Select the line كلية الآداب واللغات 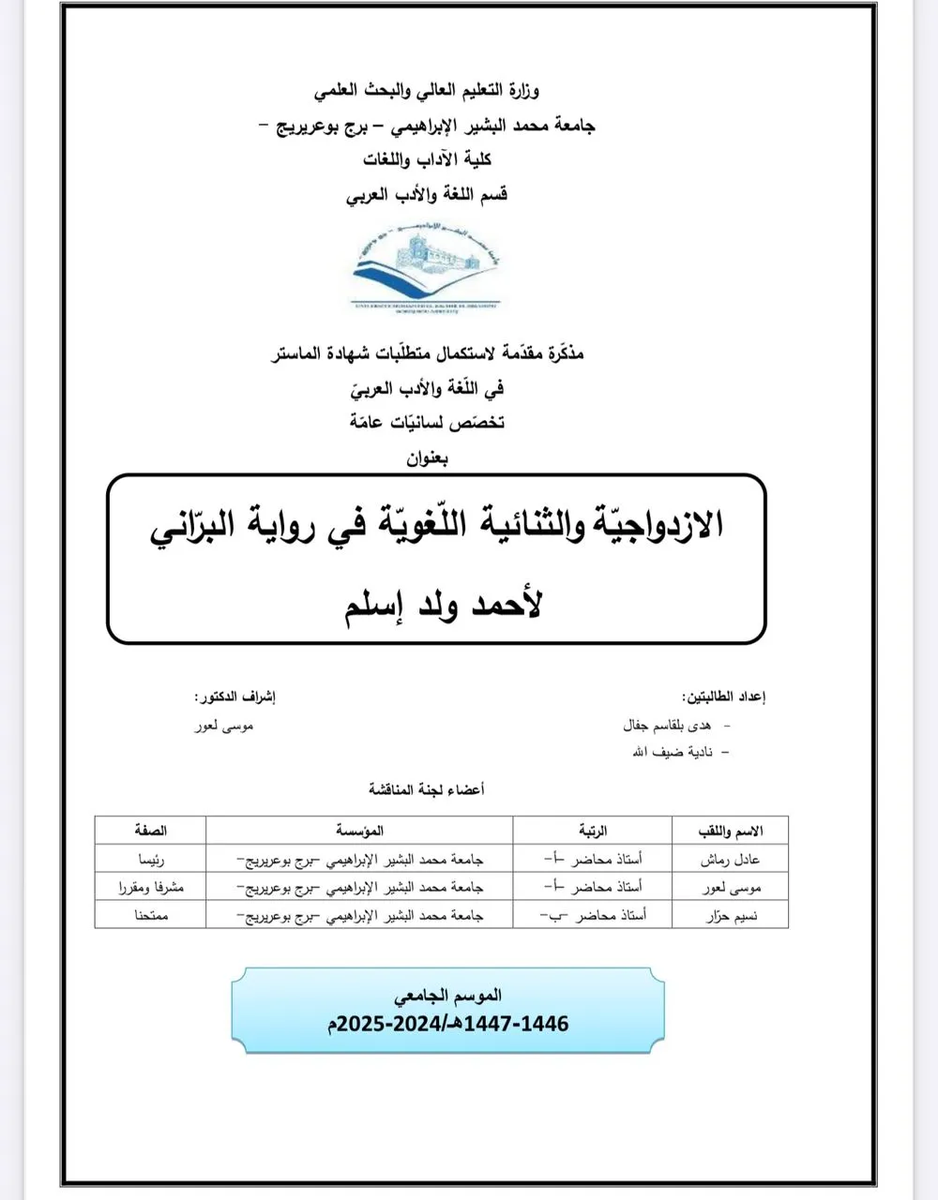pos(428,160)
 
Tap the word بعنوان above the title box pos(428,458)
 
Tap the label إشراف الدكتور pos(234,697)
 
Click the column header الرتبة pos(592,831)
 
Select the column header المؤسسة pos(359,831)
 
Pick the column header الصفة pos(150,831)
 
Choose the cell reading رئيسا pos(150,859)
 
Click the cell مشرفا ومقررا pos(150,887)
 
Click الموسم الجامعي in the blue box pos(448,995)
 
